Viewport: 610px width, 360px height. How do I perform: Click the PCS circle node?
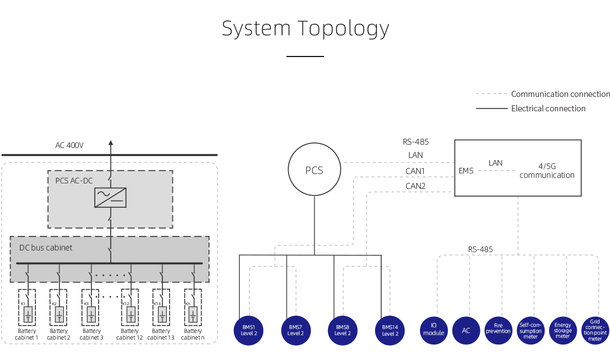point(314,170)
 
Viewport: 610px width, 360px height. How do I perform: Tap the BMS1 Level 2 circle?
point(249,330)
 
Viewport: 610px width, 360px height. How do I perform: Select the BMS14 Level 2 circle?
point(390,330)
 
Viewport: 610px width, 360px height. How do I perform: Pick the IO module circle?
point(434,330)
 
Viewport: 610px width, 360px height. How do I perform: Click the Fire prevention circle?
point(498,330)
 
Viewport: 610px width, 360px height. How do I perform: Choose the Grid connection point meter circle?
point(595,330)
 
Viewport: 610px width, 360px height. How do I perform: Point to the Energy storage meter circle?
point(562,330)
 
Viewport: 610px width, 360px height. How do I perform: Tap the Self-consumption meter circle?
point(530,330)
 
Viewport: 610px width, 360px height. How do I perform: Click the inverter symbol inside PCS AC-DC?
point(110,198)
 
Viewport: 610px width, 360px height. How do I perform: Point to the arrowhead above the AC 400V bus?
point(110,143)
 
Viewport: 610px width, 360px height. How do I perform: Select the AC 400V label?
point(69,146)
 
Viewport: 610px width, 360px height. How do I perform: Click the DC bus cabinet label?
point(46,248)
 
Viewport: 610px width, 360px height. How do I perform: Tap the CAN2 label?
point(415,186)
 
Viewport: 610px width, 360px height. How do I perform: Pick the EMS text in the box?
point(466,171)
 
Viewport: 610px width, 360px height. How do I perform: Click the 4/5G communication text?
point(547,171)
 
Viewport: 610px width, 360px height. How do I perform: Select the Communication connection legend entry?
point(560,94)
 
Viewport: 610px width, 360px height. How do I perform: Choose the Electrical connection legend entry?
point(548,109)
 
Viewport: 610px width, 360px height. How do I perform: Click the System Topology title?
point(305,28)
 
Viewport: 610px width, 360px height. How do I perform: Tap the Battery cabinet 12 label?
point(130,334)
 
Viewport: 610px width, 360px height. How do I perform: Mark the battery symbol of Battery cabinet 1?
point(27,315)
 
